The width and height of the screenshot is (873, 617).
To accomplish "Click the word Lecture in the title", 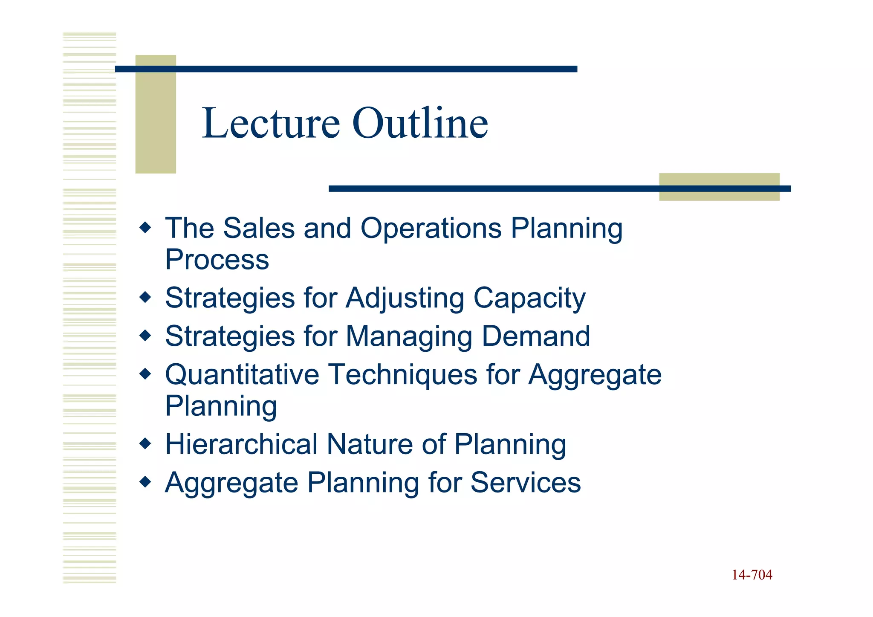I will tap(271, 124).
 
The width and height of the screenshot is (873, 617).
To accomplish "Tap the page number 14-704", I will tap(752, 575).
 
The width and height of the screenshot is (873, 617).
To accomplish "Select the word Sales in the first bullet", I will tap(259, 229).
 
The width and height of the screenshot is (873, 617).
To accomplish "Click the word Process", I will tap(217, 260).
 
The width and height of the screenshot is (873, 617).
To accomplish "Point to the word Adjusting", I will tap(405, 298).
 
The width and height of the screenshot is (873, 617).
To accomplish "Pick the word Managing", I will tap(409, 337).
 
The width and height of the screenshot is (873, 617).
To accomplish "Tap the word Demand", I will tap(536, 336).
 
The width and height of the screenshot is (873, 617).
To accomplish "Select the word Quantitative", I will tap(242, 375).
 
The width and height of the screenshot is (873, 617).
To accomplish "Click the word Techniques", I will tap(403, 375).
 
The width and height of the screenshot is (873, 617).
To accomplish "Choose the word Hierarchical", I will tap(241, 444).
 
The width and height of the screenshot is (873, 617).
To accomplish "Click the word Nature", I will tap(370, 444).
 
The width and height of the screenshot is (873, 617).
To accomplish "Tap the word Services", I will tap(526, 483).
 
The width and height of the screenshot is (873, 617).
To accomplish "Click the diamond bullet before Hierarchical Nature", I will tap(145, 444).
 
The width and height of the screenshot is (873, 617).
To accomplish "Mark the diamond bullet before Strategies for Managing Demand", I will tap(145, 336).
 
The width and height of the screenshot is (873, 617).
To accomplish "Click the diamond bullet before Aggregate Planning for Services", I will tap(145, 482).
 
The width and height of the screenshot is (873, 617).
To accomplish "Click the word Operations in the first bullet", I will tap(431, 229).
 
